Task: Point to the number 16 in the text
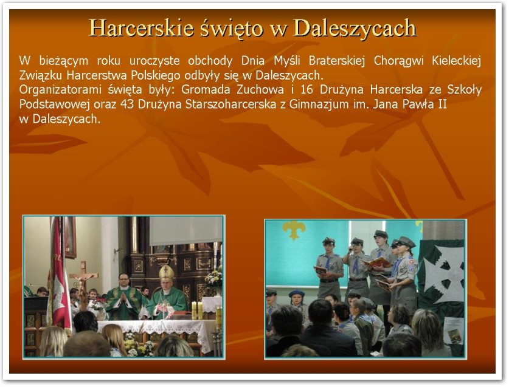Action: [x=306, y=89]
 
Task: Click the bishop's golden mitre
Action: [x=166, y=273]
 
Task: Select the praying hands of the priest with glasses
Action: [x=123, y=296]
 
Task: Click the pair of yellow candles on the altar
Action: [x=198, y=310]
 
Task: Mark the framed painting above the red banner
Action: [x=70, y=237]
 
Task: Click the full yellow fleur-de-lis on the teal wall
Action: [x=294, y=230]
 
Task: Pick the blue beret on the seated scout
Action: [x=297, y=293]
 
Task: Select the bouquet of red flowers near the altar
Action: [x=99, y=304]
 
